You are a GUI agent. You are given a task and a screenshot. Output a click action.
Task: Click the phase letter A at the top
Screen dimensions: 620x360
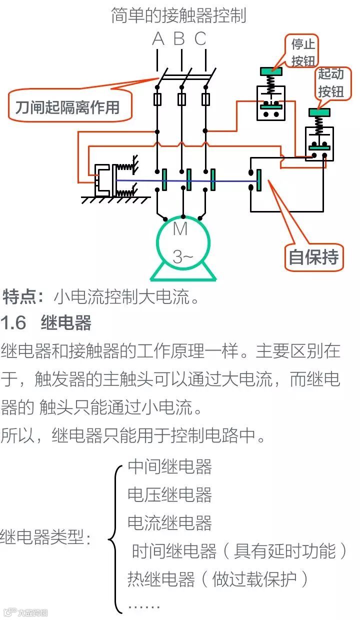(x=158, y=38)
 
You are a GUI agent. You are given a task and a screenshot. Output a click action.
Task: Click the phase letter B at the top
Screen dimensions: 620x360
(x=179, y=38)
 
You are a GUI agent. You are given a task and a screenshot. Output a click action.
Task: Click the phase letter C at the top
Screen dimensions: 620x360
(x=200, y=38)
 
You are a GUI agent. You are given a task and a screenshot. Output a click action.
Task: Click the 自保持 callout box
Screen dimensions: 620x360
(x=314, y=257)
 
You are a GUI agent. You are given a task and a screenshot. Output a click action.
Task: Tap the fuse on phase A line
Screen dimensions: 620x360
(x=157, y=99)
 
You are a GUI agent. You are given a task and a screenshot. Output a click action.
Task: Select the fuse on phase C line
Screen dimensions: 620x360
(x=205, y=99)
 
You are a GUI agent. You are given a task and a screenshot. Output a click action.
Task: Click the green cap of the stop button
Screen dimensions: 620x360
(x=270, y=71)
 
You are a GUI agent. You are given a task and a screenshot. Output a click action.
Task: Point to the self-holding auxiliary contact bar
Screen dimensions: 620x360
(x=259, y=180)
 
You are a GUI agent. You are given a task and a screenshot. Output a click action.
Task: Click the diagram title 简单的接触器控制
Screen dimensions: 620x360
(x=178, y=15)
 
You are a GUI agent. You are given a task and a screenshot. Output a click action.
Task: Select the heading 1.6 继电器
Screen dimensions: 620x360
(x=46, y=323)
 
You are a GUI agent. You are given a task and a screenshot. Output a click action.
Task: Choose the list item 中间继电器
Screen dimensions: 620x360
(x=170, y=466)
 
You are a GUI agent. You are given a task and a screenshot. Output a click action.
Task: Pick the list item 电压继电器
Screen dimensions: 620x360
(x=170, y=495)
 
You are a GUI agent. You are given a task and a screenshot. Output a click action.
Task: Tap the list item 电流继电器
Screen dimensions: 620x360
(x=170, y=523)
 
